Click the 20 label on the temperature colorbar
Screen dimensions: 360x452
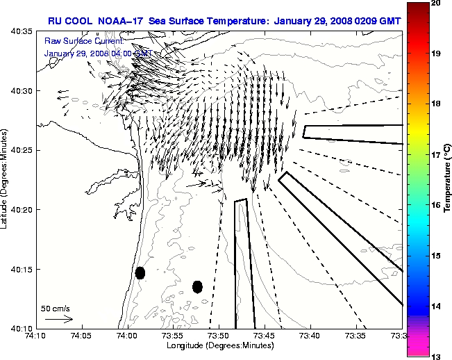436,4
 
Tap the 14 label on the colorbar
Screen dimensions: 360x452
436,306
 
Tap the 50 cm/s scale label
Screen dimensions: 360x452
56,308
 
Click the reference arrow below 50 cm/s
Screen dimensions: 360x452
59,320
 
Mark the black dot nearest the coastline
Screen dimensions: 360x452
140,272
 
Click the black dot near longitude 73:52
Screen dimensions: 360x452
197,286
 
